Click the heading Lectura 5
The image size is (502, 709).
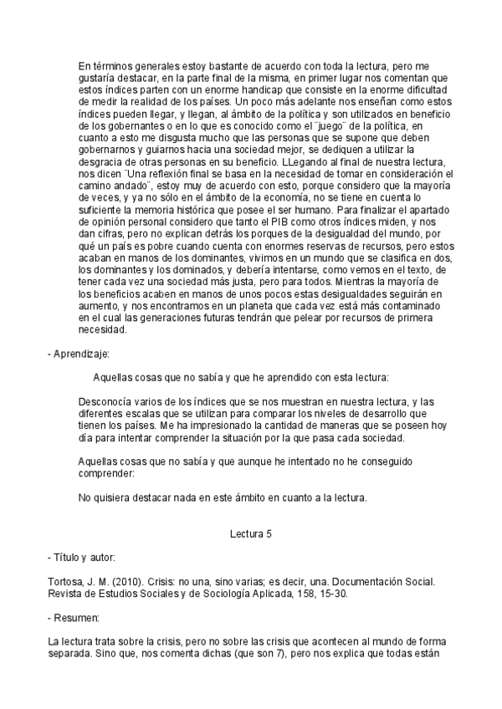coord(250,532)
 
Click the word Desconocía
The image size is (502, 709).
coord(108,401)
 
